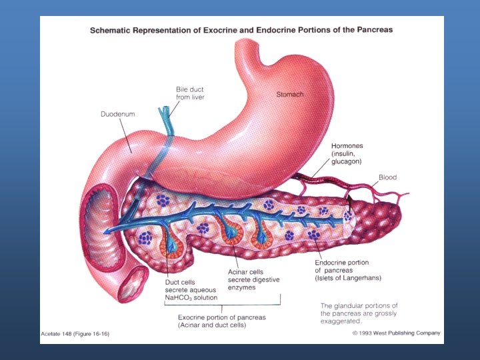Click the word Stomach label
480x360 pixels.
point(290,95)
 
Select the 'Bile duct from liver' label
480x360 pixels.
point(190,93)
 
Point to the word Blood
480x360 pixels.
point(387,177)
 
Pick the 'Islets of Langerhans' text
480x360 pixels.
point(349,277)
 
